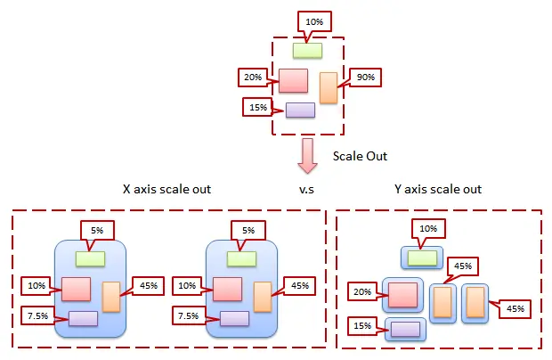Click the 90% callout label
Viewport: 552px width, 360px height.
pyautogui.click(x=365, y=77)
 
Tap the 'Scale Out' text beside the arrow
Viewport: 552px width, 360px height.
pyautogui.click(x=360, y=155)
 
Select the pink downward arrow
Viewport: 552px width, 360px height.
pyautogui.click(x=308, y=154)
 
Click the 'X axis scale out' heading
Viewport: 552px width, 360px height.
pyautogui.click(x=167, y=190)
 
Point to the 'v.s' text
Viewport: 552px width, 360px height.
pyautogui.click(x=308, y=190)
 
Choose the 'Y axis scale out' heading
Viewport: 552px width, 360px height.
pyautogui.click(x=438, y=190)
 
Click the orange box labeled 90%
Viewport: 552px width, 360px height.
pyautogui.click(x=329, y=87)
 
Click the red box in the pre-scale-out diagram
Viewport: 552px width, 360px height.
pyautogui.click(x=293, y=80)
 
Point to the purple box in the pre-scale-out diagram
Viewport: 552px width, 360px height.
pyautogui.click(x=300, y=110)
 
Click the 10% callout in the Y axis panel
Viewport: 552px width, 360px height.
pyautogui.click(x=427, y=229)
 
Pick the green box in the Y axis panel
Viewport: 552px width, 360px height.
pyautogui.click(x=422, y=258)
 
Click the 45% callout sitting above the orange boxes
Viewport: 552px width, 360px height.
pyautogui.click(x=463, y=266)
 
